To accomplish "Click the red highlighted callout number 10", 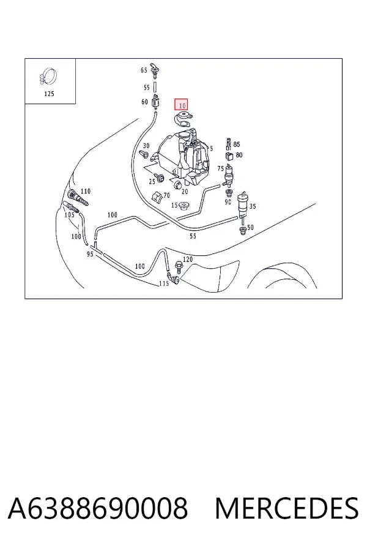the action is pos(181,105).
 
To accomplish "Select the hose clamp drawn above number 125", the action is pos(48,77).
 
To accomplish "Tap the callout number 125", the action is pos(49,94).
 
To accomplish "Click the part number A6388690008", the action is pos(98,508).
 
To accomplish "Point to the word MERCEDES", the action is pos(287,508).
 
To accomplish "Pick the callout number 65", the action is pos(144,70).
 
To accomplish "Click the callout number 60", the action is pos(145,102).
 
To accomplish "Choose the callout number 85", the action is pos(237,144).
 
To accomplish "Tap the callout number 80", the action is pos(239,155).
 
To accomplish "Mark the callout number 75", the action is pos(221,169).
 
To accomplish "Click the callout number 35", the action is pos(253,206).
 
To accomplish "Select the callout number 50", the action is pos(250,227).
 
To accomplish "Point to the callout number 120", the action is pos(188,260).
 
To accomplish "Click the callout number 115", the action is pos(164,283).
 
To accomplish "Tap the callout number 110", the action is pos(86,191).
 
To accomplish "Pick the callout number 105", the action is pos(70,215).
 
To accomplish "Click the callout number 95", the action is pos(90,253).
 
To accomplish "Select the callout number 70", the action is pos(167,195).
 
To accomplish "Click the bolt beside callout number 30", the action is pos(144,154).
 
